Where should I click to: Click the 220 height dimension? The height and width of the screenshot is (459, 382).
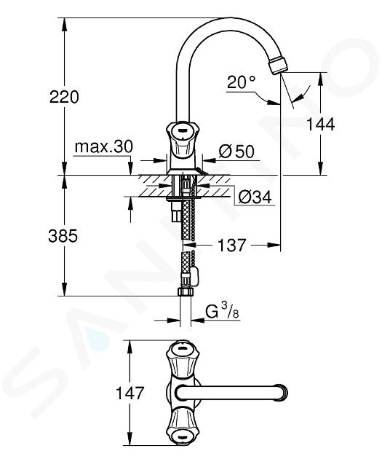[x=64, y=97]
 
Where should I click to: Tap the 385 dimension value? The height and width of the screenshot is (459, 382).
[x=63, y=235]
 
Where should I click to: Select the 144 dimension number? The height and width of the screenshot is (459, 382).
[x=320, y=125]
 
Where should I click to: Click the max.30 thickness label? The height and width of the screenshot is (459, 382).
[x=104, y=146]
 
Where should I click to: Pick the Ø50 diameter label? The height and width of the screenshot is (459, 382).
[x=236, y=152]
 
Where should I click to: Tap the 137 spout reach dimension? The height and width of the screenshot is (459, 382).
[x=232, y=245]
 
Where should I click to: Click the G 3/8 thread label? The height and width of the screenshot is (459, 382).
[x=222, y=312]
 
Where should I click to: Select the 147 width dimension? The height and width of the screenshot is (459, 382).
[x=130, y=393]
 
